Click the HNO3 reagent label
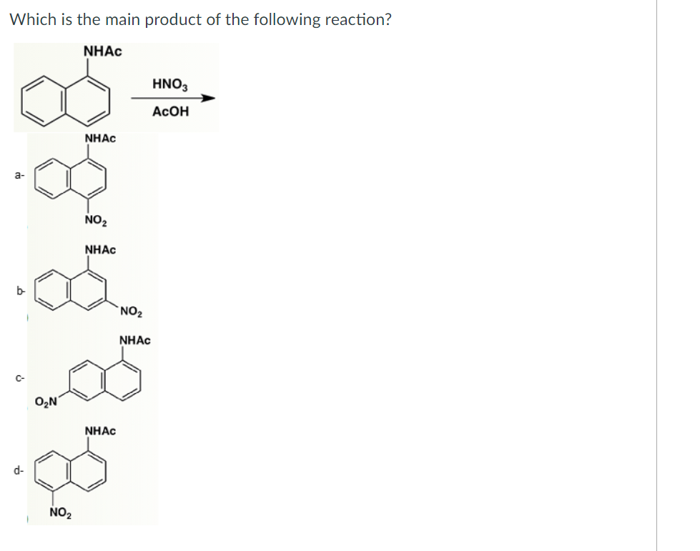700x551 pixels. pos(170,84)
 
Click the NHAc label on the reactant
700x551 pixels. pos(102,51)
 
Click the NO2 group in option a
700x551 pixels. pos(94,220)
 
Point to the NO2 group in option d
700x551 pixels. pos(60,512)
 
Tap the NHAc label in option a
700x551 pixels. pos(100,138)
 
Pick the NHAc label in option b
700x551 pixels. pos(100,249)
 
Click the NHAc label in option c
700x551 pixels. pos(135,340)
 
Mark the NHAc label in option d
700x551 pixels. pos(100,431)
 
